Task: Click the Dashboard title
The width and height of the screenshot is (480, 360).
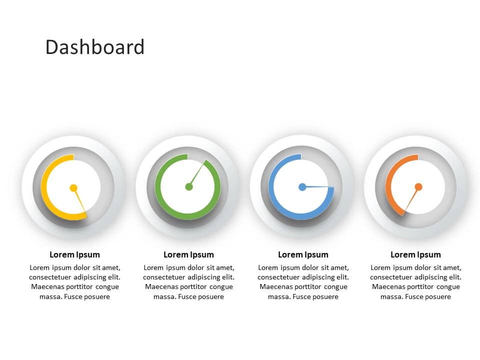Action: coord(95,47)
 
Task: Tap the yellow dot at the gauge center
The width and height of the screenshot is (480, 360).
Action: coord(73,188)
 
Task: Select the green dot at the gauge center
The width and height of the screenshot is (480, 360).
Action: coord(189,187)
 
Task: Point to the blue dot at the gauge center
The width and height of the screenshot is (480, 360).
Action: coord(302,187)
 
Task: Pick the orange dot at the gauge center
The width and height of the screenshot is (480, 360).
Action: coord(418,187)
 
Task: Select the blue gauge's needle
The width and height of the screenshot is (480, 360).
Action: coord(320,187)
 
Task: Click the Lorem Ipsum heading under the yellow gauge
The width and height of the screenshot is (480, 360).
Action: coord(74,254)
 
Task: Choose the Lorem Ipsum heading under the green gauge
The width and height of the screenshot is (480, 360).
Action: coord(188,254)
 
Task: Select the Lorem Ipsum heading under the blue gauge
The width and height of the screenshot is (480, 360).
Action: coord(303,254)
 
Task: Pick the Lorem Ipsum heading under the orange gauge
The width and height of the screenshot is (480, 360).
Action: coord(415,254)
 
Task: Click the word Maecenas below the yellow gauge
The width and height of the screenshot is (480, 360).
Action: coord(48,287)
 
